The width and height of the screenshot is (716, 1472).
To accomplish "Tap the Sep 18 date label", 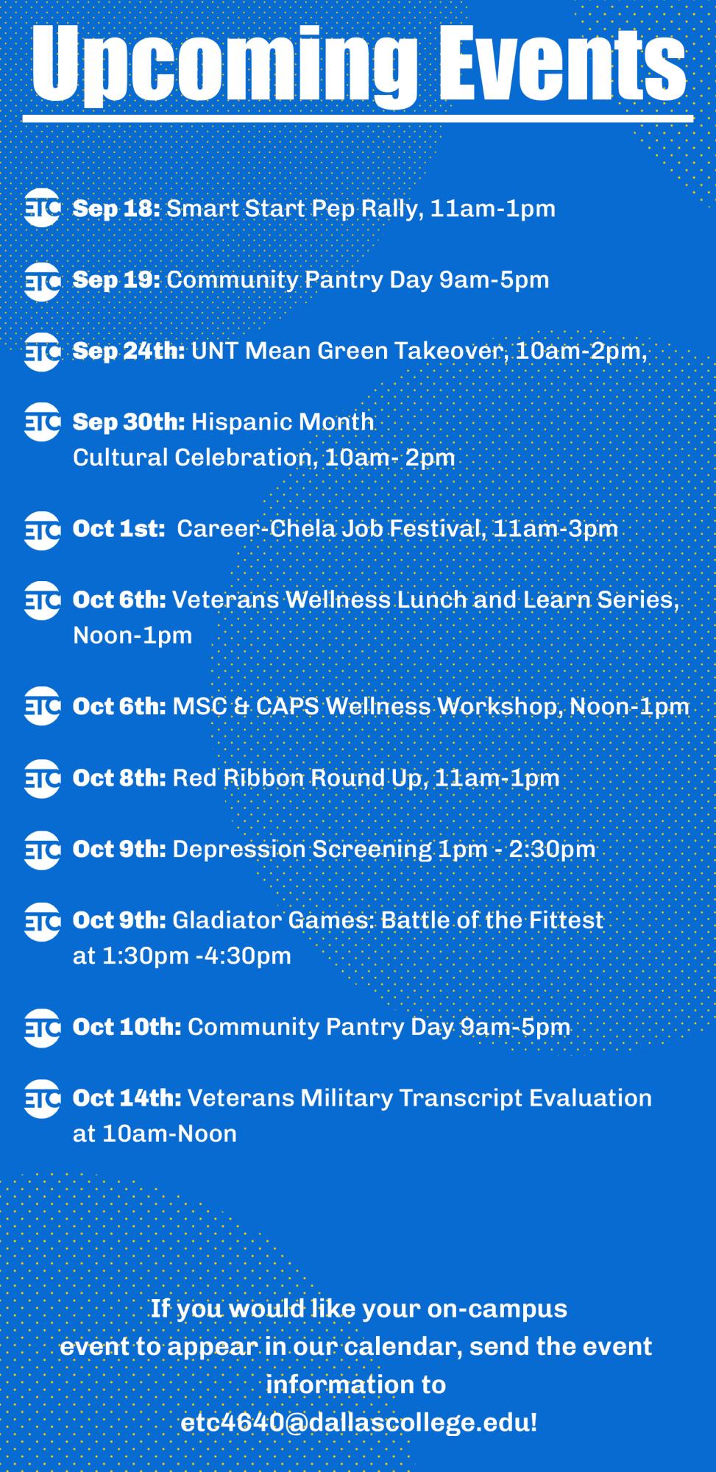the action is (x=116, y=209).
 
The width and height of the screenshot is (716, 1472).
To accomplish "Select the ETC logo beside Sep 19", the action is (x=41, y=281).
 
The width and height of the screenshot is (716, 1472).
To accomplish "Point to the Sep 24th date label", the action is (x=129, y=351).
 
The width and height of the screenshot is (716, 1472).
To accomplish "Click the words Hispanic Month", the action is (x=283, y=422).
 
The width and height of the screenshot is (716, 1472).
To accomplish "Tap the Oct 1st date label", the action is (x=118, y=529).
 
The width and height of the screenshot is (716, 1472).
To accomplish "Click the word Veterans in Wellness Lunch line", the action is (x=226, y=600).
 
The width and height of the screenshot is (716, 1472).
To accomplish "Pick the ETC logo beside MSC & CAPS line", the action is (x=41, y=706).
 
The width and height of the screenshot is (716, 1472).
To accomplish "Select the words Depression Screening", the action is (x=302, y=850).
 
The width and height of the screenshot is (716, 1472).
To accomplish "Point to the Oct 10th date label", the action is (x=127, y=1027).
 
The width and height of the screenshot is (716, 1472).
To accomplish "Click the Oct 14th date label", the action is (x=127, y=1098).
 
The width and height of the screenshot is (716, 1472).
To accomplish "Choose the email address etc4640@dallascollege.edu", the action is (x=359, y=1422).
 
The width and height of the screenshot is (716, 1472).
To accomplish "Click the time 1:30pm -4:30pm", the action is (x=197, y=956).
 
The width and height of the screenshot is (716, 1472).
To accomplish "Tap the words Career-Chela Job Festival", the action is (x=330, y=529).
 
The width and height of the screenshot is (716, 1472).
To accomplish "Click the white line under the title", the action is (x=358, y=118).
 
